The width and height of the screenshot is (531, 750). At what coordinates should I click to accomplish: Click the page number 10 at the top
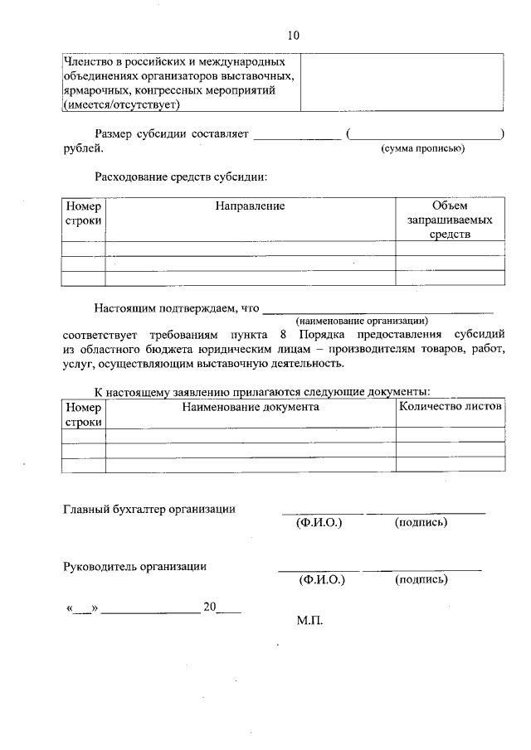pos(294,35)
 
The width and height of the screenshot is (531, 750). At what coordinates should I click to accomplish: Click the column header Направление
pos(250,206)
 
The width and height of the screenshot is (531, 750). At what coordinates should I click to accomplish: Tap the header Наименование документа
pos(251,407)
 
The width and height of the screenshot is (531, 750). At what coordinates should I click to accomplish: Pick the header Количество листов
pos(451,407)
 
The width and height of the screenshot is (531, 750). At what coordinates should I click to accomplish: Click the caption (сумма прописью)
pos(422,148)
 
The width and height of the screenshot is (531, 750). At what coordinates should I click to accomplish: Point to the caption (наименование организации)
pos(363,320)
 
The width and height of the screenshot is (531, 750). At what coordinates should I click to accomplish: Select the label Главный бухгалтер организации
pos(149,509)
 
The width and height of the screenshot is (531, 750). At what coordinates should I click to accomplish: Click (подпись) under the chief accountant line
pos(422,523)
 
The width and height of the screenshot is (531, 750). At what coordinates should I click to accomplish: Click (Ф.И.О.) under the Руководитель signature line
pos(321,580)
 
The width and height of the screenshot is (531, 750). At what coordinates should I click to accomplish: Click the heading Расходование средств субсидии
pos(181,177)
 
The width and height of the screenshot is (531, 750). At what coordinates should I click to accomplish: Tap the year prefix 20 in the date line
pos(210,607)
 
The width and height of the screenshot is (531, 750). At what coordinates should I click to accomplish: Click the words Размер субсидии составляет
pos(172,133)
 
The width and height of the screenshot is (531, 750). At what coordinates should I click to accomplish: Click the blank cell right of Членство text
pos(402,82)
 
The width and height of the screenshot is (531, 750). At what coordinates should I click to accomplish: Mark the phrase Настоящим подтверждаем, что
pos(177,308)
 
